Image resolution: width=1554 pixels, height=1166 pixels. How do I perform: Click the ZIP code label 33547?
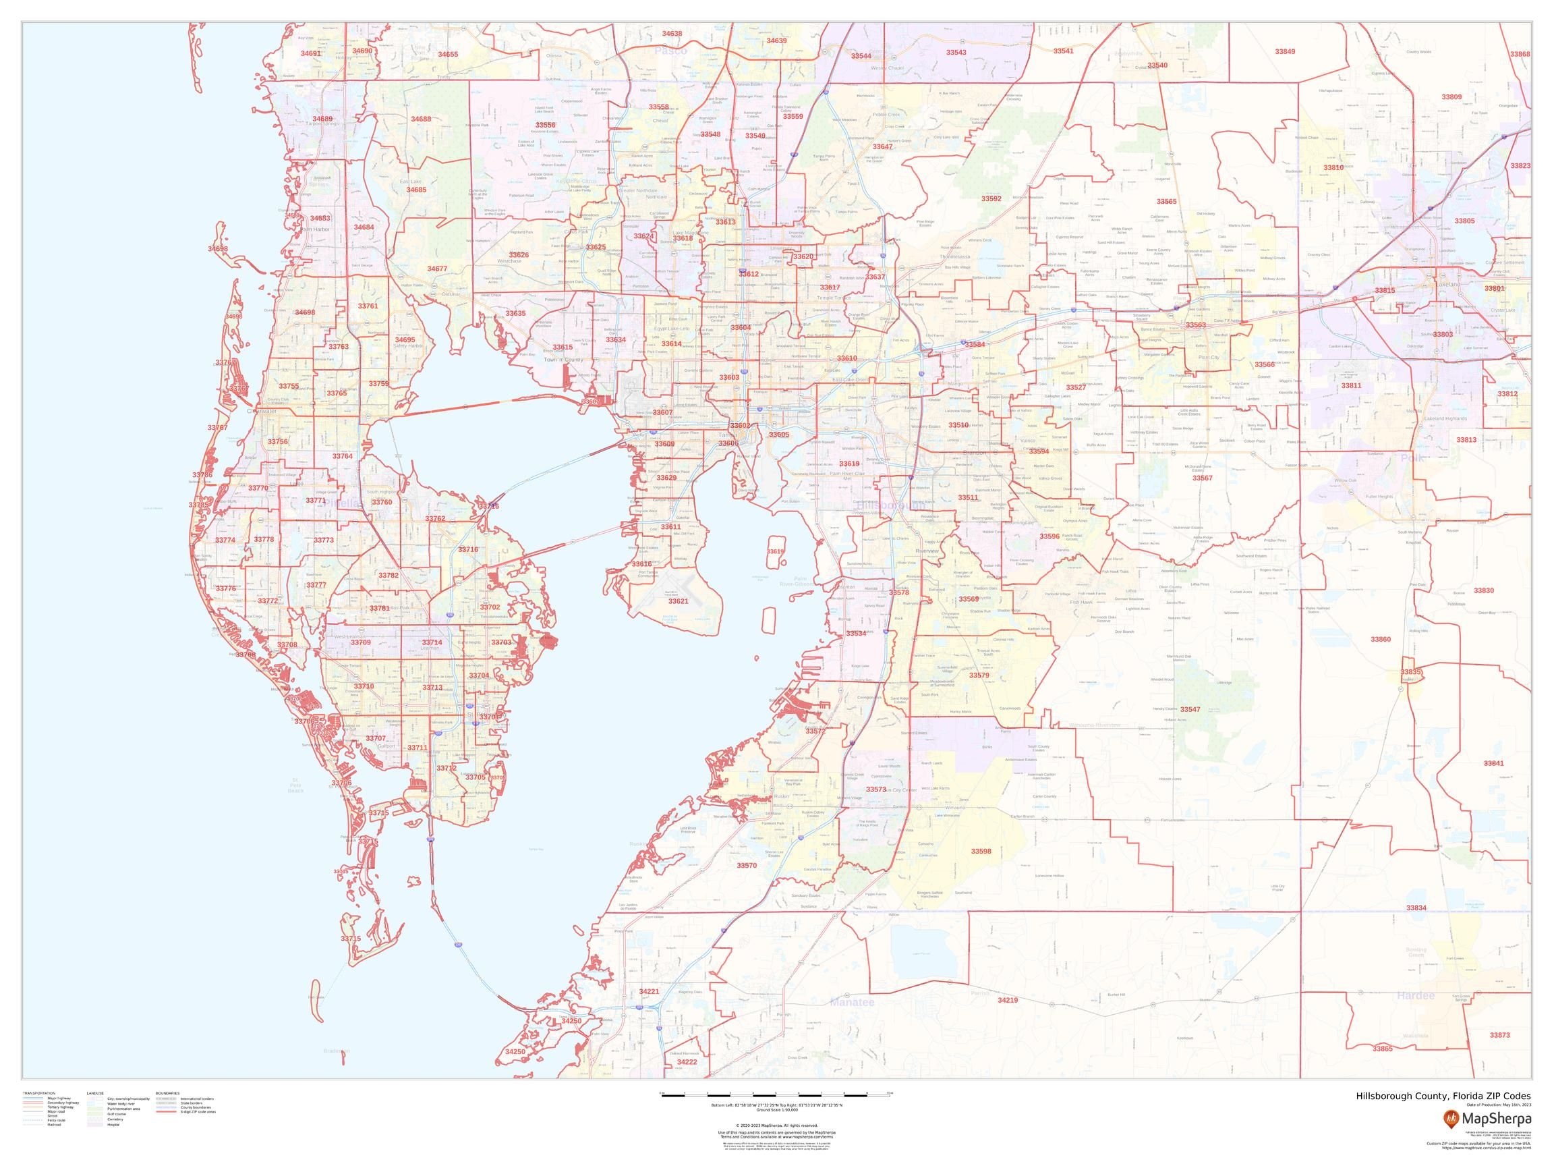(x=1190, y=710)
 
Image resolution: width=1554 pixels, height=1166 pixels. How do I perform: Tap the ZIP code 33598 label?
(x=981, y=851)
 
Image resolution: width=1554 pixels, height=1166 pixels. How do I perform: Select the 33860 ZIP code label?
(x=1381, y=640)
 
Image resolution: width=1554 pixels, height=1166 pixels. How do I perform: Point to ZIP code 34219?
(x=1008, y=1000)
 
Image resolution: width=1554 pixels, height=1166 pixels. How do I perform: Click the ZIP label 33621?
(x=678, y=602)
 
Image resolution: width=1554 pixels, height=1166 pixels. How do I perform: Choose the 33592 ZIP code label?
(x=991, y=199)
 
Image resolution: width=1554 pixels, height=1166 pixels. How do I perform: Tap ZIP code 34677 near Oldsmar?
(x=437, y=269)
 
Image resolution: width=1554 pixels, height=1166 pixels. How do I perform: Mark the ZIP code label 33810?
(x=1333, y=168)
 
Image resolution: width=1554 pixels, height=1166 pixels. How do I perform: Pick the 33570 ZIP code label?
(x=747, y=866)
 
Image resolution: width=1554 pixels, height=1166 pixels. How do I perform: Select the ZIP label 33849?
(x=1285, y=52)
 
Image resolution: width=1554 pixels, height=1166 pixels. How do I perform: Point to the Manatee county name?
(x=851, y=1002)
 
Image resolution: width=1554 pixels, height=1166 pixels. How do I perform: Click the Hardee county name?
(x=1416, y=996)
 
